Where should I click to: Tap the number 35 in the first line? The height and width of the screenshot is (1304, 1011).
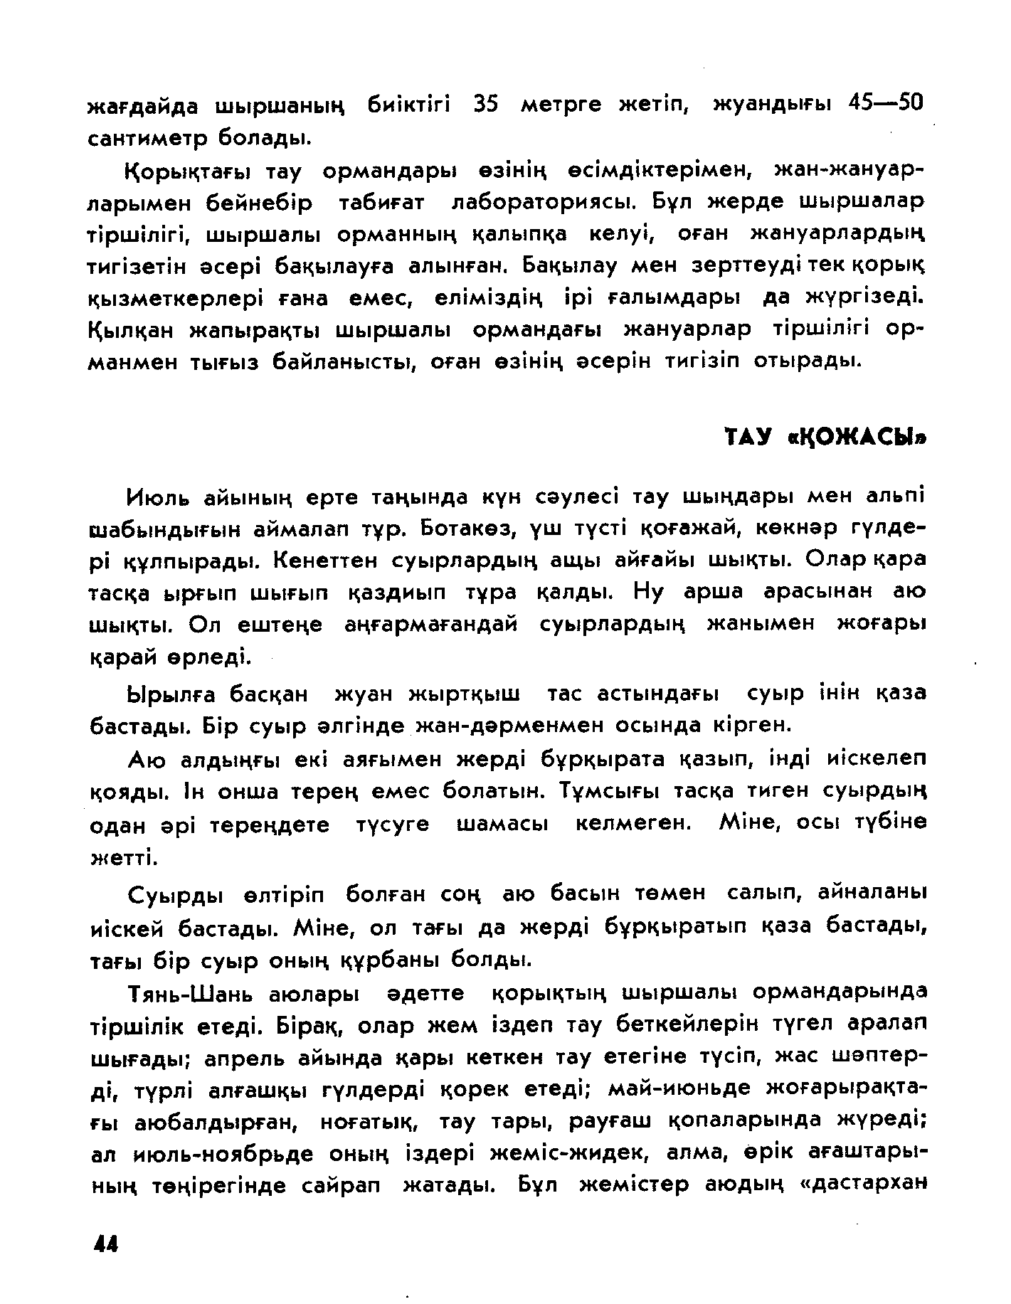487,105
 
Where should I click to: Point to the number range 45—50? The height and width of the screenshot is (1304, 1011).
885,105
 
